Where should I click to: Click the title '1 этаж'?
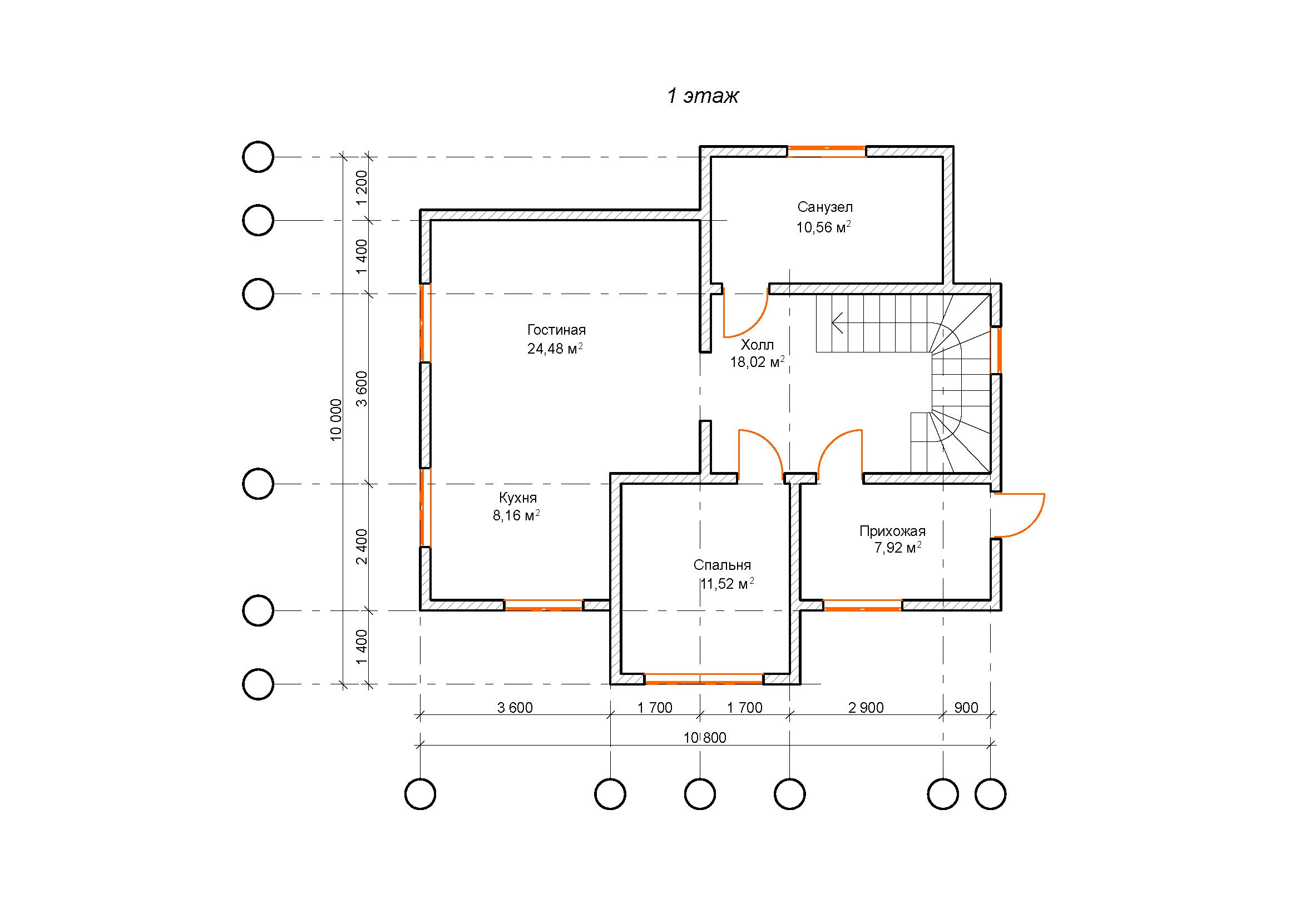pyautogui.click(x=703, y=96)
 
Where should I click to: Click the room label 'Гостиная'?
pyautogui.click(x=556, y=330)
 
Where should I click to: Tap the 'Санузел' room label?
pyautogui.click(x=825, y=207)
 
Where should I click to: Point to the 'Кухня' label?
pyautogui.click(x=517, y=498)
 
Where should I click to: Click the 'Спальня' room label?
pyautogui.click(x=722, y=565)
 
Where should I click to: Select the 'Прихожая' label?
pyautogui.click(x=892, y=531)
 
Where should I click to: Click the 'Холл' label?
pyautogui.click(x=757, y=345)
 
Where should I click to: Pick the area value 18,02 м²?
pyautogui.click(x=757, y=362)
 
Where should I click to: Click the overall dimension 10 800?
pyautogui.click(x=704, y=738)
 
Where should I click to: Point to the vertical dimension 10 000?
pyautogui.click(x=336, y=420)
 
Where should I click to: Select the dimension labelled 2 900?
pyautogui.click(x=866, y=708)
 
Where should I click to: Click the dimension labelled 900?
pyautogui.click(x=966, y=708)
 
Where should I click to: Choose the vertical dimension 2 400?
pyautogui.click(x=361, y=547)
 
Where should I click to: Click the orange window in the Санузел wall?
pyautogui.click(x=826, y=151)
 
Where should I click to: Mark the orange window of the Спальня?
pyautogui.click(x=704, y=678)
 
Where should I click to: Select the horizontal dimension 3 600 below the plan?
pyautogui.click(x=515, y=708)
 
